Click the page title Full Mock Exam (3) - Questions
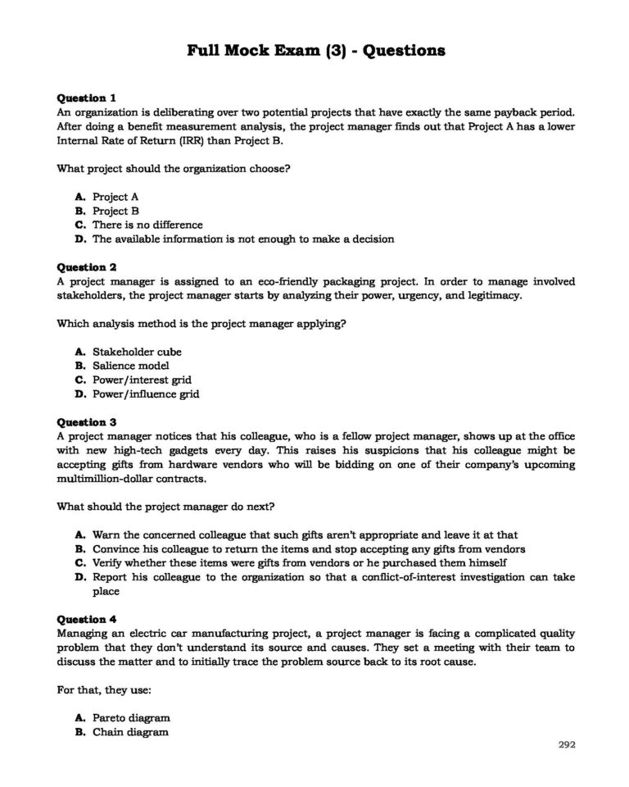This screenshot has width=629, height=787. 316,51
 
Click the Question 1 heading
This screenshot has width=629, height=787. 87,97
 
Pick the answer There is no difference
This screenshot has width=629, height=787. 147,225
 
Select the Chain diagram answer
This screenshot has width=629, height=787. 130,731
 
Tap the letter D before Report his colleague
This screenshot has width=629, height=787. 79,577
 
